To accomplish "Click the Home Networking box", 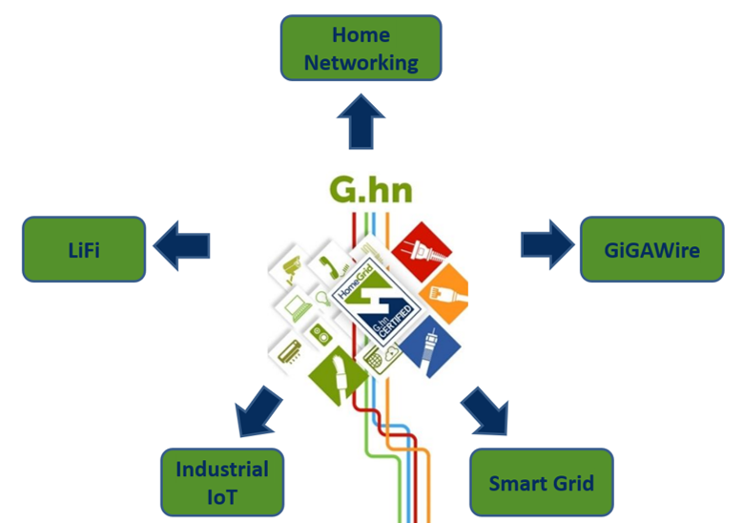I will pos(361,48).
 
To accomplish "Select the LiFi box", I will pos(84,249).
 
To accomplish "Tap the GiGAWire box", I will pos(651,250).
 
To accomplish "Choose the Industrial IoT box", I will pos(222,482).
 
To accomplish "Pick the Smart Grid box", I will pos(541,483).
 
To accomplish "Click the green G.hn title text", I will pos(371,189).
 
